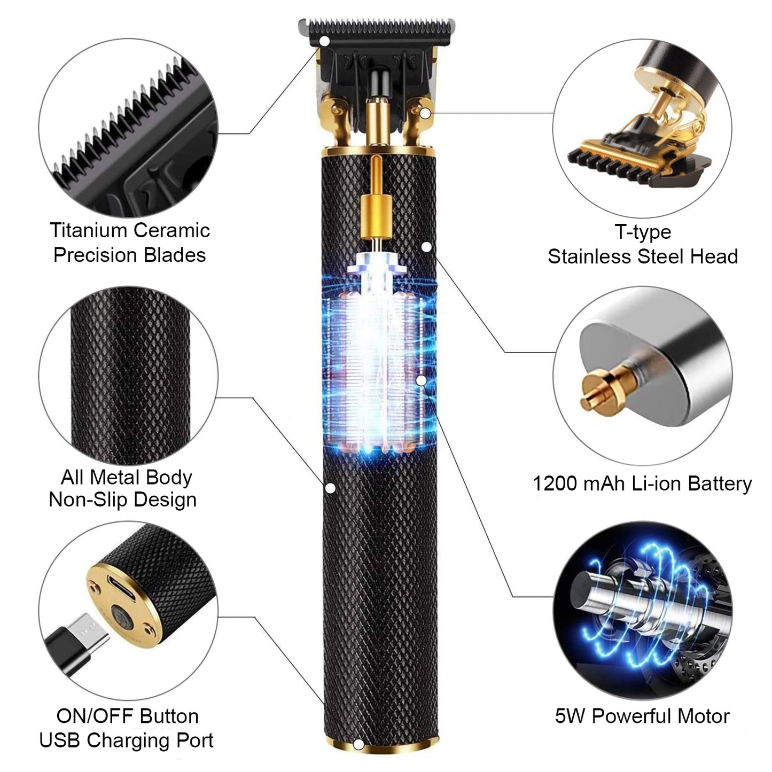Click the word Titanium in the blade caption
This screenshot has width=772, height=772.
point(87,230)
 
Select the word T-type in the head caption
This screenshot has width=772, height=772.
point(643,232)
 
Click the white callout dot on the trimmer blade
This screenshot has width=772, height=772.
point(324,41)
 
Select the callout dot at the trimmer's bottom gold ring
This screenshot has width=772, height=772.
point(358,745)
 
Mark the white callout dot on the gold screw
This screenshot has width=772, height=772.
point(425,113)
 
